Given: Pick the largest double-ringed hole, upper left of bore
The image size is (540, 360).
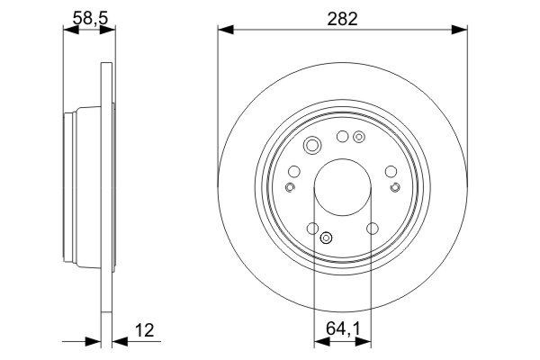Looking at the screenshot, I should pos(312,146).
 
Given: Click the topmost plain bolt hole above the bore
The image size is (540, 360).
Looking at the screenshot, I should pos(342,137).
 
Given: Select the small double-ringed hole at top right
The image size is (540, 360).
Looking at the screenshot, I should pos(359,138).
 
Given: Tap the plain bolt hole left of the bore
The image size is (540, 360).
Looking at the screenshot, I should pos(294,172).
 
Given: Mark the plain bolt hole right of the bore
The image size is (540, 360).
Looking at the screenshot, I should pos(391,172).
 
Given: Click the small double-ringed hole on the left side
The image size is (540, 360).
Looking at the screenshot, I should pos(290,187).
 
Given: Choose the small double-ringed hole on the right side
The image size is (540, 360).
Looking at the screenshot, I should pos(395,187).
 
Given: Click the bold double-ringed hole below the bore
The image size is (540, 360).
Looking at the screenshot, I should pos(327,238).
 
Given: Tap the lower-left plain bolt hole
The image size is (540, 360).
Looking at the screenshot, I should pos(312,229).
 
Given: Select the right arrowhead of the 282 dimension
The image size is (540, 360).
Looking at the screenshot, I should pos(463,31).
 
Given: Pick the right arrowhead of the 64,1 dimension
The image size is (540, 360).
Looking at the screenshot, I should pos(368,343).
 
